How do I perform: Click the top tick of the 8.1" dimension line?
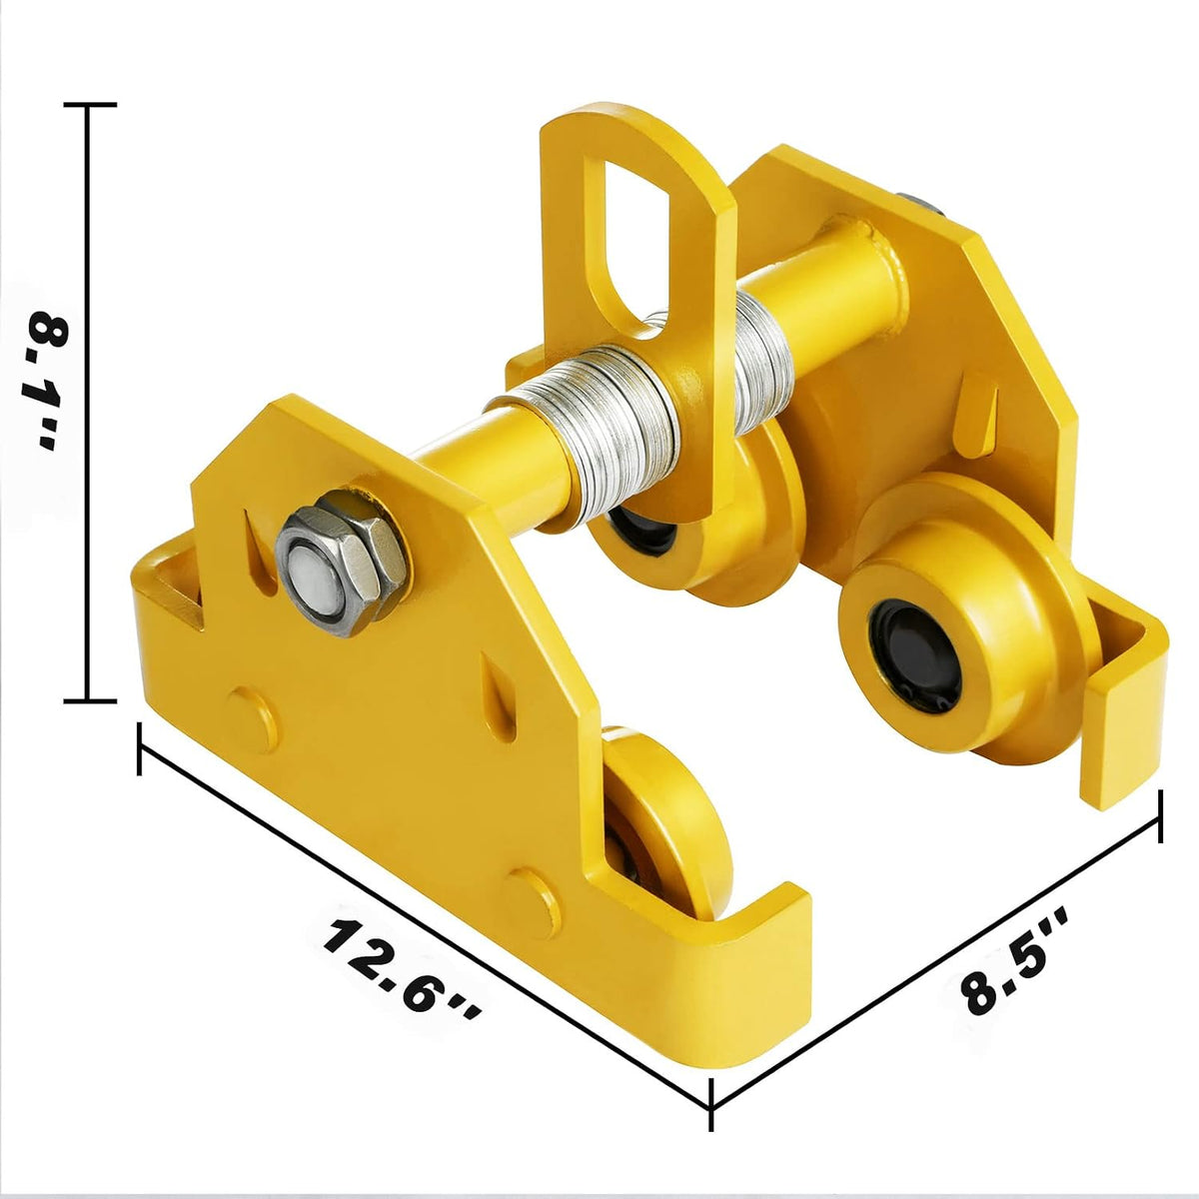(91, 105)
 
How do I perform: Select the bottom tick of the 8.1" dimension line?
(91, 701)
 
